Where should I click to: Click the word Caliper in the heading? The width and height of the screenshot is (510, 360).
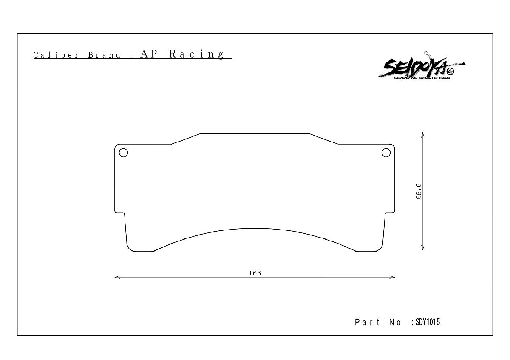point(56,55)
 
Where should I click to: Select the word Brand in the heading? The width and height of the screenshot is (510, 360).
point(104,55)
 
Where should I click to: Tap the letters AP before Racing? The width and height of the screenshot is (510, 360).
point(148,54)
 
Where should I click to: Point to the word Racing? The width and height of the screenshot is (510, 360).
point(197,54)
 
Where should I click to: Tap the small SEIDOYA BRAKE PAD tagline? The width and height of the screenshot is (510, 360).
point(422,78)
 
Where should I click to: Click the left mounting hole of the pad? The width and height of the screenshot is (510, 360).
point(123,153)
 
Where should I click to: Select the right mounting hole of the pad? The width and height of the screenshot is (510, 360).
point(386,153)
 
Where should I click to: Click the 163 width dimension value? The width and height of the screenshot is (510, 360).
point(255,273)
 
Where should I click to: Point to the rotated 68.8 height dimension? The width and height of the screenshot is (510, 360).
point(419,191)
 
